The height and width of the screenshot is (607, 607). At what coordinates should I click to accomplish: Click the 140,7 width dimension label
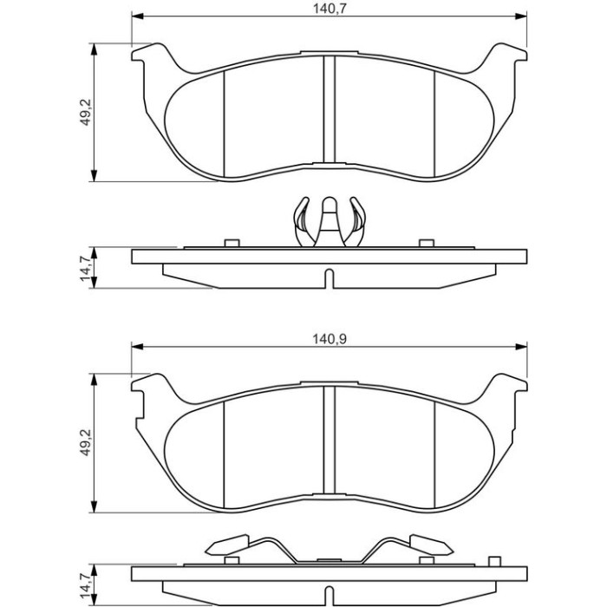point(329,9)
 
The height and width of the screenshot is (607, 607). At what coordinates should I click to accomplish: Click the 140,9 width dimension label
point(330,339)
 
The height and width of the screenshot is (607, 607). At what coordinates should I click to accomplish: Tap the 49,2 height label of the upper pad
point(85,112)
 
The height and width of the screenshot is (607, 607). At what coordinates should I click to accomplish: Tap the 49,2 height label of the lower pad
point(85,442)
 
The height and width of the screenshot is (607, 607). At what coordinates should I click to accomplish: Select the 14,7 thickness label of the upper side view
point(86,268)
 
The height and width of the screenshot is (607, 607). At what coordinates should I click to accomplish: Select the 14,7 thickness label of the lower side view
point(86,585)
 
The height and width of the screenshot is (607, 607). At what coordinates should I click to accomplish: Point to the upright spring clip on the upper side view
point(329,222)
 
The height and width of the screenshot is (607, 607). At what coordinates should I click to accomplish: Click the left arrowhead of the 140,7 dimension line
point(138,16)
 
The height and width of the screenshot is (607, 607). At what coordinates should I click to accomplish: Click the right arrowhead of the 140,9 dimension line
point(521,346)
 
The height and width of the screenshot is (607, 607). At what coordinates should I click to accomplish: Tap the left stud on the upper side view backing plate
point(232,243)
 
